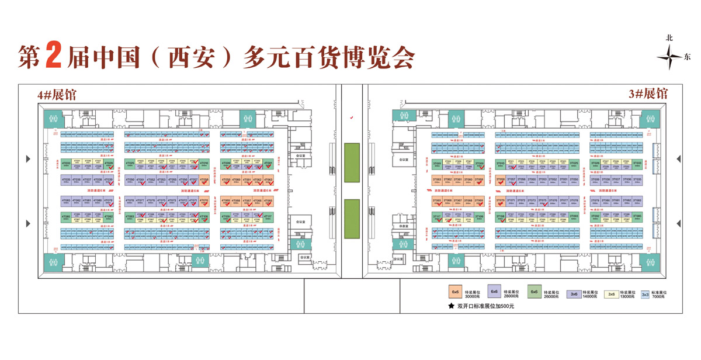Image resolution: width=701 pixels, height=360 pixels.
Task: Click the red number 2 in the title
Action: pyautogui.click(x=53, y=57)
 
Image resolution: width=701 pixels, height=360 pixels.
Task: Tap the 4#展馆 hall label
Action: pyautogui.click(x=57, y=95)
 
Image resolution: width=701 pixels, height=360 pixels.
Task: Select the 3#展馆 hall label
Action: pyautogui.click(x=648, y=94)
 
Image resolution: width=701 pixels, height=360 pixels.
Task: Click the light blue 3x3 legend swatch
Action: pyautogui.click(x=646, y=295)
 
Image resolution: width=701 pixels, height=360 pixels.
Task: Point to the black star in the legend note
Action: pyautogui.click(x=451, y=306)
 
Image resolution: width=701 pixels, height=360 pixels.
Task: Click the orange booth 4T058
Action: pyautogui.click(x=204, y=181)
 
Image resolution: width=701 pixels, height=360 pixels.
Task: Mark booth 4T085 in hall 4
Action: pyautogui.click(x=66, y=217)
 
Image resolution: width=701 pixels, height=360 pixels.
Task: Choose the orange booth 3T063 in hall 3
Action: pyautogui.click(x=437, y=181)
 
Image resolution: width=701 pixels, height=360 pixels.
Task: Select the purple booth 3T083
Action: pyautogui.click(x=637, y=201)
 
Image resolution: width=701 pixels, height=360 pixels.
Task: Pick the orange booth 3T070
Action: pyautogui.click(x=500, y=201)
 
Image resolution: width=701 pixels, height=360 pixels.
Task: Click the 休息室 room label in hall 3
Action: pyautogui.click(x=402, y=226)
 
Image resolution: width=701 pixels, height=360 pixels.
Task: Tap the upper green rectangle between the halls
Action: pyautogui.click(x=351, y=162)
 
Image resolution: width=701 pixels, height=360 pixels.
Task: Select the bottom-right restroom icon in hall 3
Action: pyautogui.click(x=648, y=262)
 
